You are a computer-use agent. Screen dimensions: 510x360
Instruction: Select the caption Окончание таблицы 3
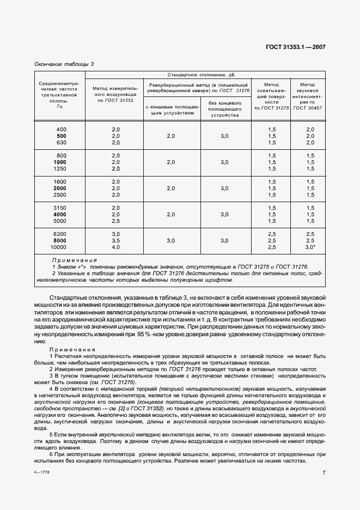click(64, 64)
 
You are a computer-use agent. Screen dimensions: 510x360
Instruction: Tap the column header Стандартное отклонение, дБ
click(205, 75)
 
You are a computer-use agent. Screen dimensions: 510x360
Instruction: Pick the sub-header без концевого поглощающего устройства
click(225, 108)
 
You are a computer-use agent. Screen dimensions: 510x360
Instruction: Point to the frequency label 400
click(61, 129)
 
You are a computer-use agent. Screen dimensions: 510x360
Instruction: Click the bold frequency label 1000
click(61, 162)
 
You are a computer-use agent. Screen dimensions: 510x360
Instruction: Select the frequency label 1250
click(61, 169)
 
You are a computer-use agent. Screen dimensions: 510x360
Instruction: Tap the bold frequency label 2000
click(61, 189)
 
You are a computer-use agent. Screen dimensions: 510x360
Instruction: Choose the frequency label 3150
click(61, 208)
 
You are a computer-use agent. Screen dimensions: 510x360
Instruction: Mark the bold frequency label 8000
click(61, 241)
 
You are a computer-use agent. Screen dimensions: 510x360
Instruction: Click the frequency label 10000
click(61, 247)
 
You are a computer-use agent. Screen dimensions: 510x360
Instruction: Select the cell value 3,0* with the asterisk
click(310, 247)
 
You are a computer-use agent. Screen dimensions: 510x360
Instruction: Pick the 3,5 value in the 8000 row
click(115, 241)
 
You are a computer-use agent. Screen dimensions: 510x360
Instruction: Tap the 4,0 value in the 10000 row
click(115, 247)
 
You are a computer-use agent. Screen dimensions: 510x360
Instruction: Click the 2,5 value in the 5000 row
click(115, 221)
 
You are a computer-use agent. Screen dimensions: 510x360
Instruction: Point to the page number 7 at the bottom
click(324, 473)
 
